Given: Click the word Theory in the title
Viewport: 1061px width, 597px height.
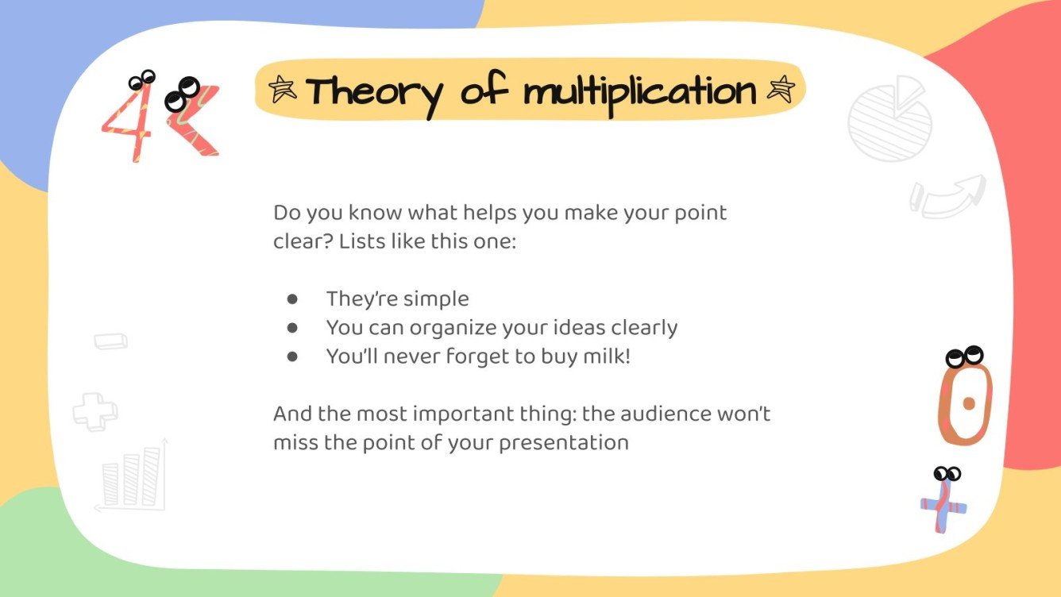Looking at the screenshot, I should pos(374,93).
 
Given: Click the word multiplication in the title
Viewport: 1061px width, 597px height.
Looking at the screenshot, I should pos(639,93).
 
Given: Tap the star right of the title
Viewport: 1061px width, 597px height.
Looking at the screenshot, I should pos(780,90).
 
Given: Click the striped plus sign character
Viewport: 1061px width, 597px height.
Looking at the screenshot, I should pos(943,506).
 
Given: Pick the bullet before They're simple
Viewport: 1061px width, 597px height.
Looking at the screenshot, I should pos(292,299).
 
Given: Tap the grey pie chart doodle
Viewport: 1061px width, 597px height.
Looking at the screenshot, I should pos(890,119).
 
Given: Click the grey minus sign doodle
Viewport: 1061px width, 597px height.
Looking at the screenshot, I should pos(110,341).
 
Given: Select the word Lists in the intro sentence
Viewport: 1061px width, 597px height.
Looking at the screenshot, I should pos(361,242).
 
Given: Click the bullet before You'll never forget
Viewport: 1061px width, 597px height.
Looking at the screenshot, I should pos(292,356).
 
